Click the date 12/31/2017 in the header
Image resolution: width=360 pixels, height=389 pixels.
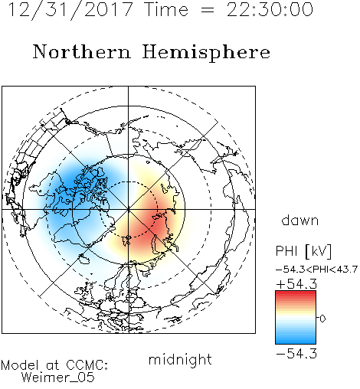click(x=70, y=10)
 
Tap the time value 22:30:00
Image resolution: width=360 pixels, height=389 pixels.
click(x=270, y=10)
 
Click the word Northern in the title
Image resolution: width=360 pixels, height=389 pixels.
click(x=82, y=51)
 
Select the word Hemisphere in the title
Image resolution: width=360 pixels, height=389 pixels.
click(x=206, y=52)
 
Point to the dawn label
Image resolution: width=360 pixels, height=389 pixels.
click(x=300, y=221)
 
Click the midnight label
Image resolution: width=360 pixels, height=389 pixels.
click(x=180, y=359)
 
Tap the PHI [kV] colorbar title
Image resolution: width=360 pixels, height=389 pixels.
click(x=303, y=251)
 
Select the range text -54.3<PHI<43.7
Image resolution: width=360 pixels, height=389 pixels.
click(x=316, y=270)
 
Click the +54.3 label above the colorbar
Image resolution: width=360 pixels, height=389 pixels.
click(x=296, y=284)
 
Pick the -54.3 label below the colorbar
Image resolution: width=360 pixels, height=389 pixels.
click(x=296, y=354)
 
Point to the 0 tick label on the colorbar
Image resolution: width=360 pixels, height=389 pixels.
click(x=322, y=319)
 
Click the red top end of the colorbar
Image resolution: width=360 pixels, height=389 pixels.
click(x=296, y=293)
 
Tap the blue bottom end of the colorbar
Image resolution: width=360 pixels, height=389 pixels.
click(x=296, y=342)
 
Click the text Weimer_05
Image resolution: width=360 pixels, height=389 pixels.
click(x=58, y=378)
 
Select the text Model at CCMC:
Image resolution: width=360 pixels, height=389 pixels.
click(x=54, y=365)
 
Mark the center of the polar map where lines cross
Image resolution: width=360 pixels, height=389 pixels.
click(x=129, y=209)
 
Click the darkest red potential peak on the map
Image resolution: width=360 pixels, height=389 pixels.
click(x=155, y=220)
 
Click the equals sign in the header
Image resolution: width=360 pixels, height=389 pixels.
click(x=208, y=10)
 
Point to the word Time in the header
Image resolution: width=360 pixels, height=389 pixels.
click(x=166, y=10)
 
